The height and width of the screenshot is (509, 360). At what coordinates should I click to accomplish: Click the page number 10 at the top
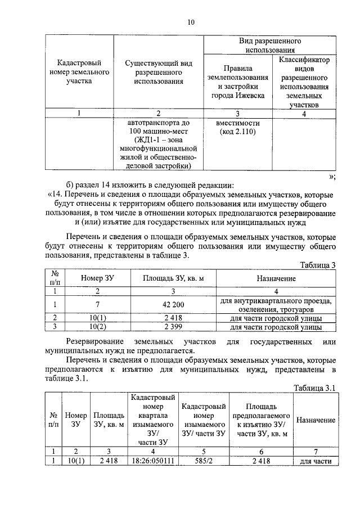[x=191, y=22]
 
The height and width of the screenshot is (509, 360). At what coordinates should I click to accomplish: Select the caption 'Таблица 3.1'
[x=315, y=388]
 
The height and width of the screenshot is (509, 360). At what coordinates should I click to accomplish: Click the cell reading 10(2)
[x=98, y=326]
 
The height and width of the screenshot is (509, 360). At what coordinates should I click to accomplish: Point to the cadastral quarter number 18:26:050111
[x=154, y=461]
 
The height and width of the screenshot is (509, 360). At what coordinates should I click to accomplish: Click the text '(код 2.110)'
[x=238, y=132]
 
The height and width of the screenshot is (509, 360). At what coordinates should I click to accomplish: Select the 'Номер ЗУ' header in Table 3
[x=98, y=278]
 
